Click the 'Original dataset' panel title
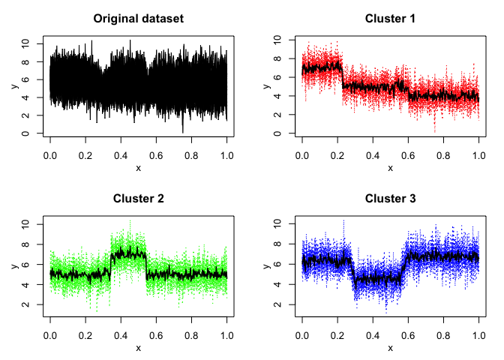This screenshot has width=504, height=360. point(138,18)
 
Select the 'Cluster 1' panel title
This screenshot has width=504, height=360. point(390,18)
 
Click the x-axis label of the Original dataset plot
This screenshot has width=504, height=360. point(138,168)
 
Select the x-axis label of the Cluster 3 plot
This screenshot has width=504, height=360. point(390,348)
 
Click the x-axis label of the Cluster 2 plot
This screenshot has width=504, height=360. point(138,348)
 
